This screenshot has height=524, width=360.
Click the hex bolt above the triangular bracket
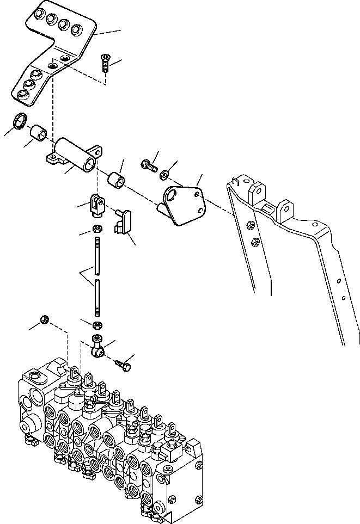point(148,163)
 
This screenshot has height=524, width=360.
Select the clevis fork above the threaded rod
point(96,204)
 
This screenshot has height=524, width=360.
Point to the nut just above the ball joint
point(97,325)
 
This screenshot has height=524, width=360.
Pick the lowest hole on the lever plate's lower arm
point(22,95)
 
